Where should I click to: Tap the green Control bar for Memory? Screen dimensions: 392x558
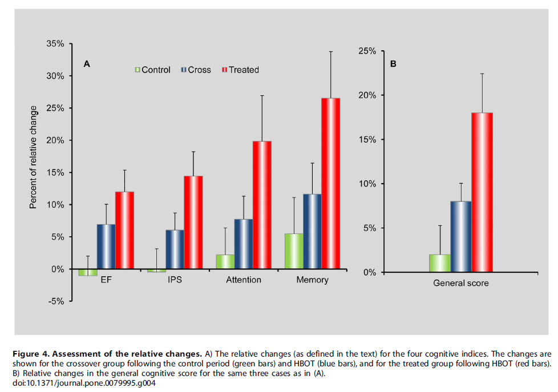tap(294, 251)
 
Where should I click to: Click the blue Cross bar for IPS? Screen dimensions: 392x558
tap(175, 249)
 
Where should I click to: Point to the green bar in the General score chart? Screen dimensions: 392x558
tap(439, 263)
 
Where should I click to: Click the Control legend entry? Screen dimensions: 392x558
tap(152, 70)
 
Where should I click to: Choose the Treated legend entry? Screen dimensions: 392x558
tap(240, 70)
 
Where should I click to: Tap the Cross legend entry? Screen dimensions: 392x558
tap(196, 70)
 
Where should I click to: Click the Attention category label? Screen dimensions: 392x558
tap(243, 280)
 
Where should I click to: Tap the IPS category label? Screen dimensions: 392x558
tap(175, 280)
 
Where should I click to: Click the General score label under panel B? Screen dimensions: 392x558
tap(460, 283)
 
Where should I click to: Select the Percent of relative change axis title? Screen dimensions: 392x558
tap(33, 156)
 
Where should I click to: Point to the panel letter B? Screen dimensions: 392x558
tap(393, 64)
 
